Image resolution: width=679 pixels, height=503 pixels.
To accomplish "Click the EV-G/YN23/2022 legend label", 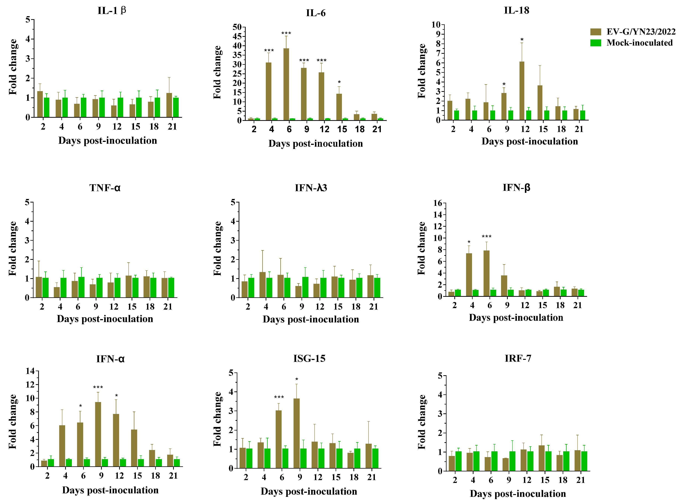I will coord(641,32).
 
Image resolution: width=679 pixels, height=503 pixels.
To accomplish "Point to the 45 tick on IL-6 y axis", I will coord(237,36).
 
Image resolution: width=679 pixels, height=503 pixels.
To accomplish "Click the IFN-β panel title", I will coord(516,188).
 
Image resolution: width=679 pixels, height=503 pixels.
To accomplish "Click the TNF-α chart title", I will coord(105,188).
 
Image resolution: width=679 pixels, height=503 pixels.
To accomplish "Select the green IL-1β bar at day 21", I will coord(176,107).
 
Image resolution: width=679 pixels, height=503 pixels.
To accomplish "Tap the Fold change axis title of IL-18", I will coord(422,71).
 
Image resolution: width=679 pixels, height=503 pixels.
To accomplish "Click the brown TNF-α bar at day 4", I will coord(57,292).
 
